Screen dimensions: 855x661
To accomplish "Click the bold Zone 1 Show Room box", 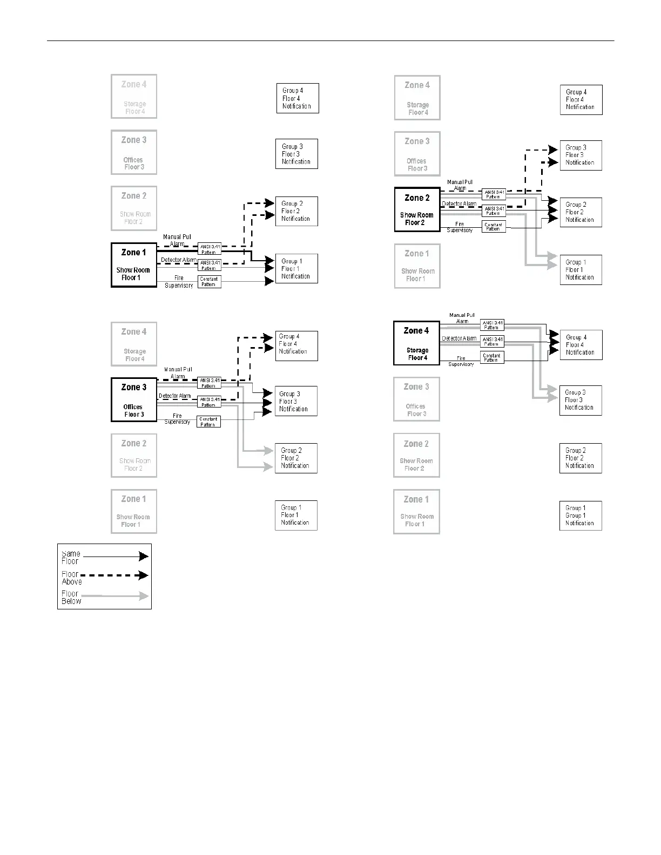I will tap(133, 265).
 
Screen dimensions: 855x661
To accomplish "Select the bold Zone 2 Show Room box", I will tap(417, 209).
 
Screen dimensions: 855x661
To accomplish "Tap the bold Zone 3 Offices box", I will tap(133, 399).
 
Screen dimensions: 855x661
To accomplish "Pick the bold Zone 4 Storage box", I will tap(416, 343).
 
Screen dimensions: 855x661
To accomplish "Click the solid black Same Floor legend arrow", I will tap(115, 557).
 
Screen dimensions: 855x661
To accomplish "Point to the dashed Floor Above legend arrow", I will tap(115, 575).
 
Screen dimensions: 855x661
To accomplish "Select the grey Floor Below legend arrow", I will tap(115, 596).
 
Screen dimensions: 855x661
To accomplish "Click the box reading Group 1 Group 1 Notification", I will tap(581, 515).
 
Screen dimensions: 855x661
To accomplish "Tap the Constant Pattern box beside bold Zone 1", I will tap(209, 282).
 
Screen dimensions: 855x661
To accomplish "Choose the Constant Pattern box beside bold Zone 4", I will tap(492, 357).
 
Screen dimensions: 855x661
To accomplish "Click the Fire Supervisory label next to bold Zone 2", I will tap(460, 227).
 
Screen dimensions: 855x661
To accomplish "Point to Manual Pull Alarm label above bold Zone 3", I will tap(178, 373).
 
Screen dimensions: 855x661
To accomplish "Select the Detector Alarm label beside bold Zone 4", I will tap(459, 338).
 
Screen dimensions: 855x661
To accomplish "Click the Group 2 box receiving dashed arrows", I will tap(296, 211).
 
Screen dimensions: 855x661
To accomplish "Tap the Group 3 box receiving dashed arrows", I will tap(581, 155).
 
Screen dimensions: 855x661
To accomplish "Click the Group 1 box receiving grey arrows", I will tap(581, 270).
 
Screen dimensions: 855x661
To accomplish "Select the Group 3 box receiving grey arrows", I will tap(581, 400).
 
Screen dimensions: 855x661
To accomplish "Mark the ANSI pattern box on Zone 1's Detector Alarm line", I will tap(209, 265).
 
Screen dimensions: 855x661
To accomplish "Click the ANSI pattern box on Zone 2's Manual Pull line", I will tap(493, 194).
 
